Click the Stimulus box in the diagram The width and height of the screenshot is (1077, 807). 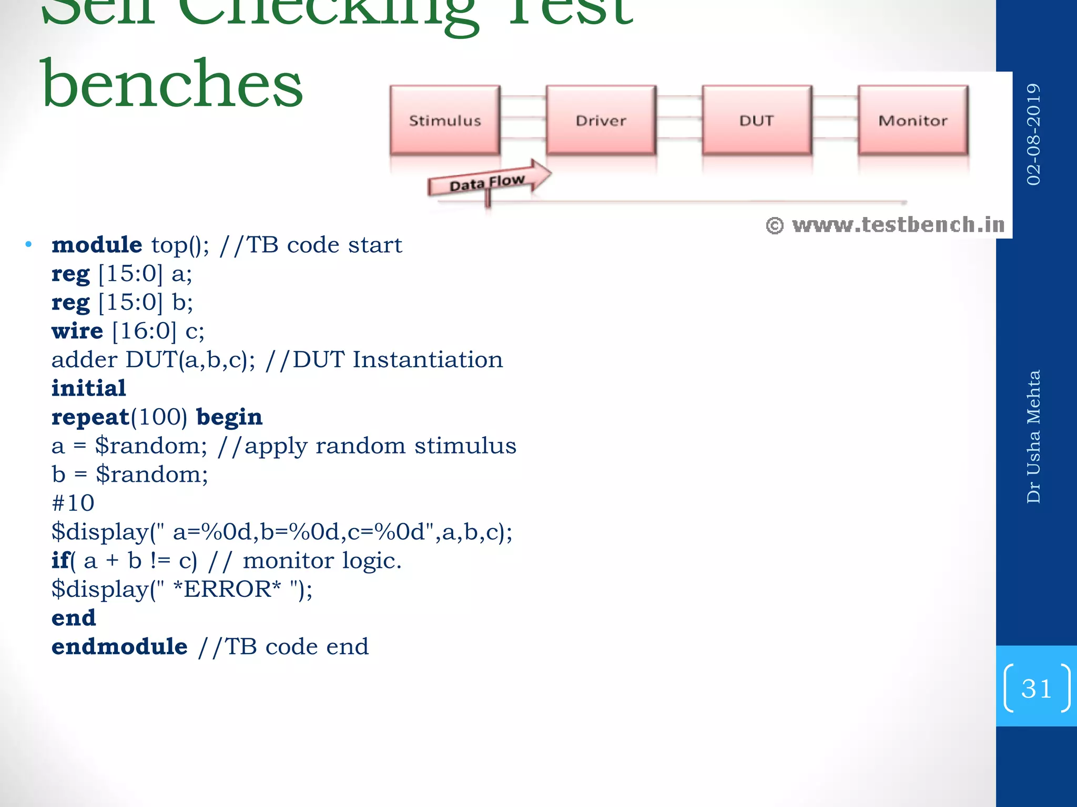(445, 120)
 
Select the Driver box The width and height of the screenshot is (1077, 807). (601, 120)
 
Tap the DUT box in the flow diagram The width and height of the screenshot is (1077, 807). (757, 120)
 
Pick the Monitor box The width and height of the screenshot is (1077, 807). (913, 120)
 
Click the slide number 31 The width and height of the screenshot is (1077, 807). (1036, 688)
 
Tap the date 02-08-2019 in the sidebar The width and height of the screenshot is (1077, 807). (1033, 134)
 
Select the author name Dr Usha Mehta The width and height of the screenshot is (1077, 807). (1033, 437)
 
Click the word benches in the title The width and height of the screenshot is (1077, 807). (172, 84)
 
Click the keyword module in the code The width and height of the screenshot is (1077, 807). (97, 245)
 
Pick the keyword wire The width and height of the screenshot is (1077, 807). (77, 331)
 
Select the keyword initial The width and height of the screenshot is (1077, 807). (89, 388)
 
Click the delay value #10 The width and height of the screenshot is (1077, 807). (73, 503)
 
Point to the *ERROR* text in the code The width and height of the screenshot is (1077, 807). (227, 589)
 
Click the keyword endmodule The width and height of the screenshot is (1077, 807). (119, 646)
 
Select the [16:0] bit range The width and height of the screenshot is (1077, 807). (144, 331)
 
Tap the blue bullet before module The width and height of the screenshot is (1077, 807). (28, 244)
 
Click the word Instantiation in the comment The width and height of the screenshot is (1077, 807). (428, 360)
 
